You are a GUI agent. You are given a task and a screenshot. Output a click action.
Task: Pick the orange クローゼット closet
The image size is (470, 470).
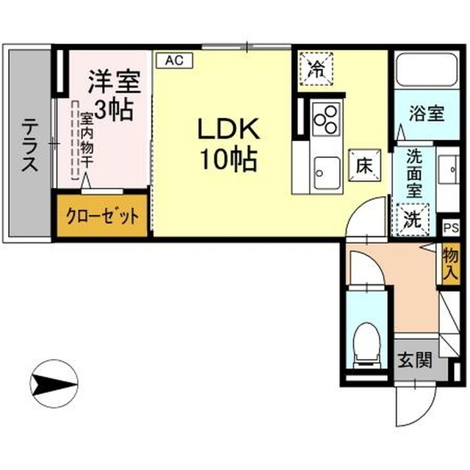(103, 217)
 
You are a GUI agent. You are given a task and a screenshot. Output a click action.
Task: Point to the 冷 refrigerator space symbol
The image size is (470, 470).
(317, 70)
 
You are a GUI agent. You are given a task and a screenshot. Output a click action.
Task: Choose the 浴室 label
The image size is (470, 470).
(427, 115)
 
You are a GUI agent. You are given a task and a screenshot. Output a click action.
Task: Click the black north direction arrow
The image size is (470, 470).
(54, 381)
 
